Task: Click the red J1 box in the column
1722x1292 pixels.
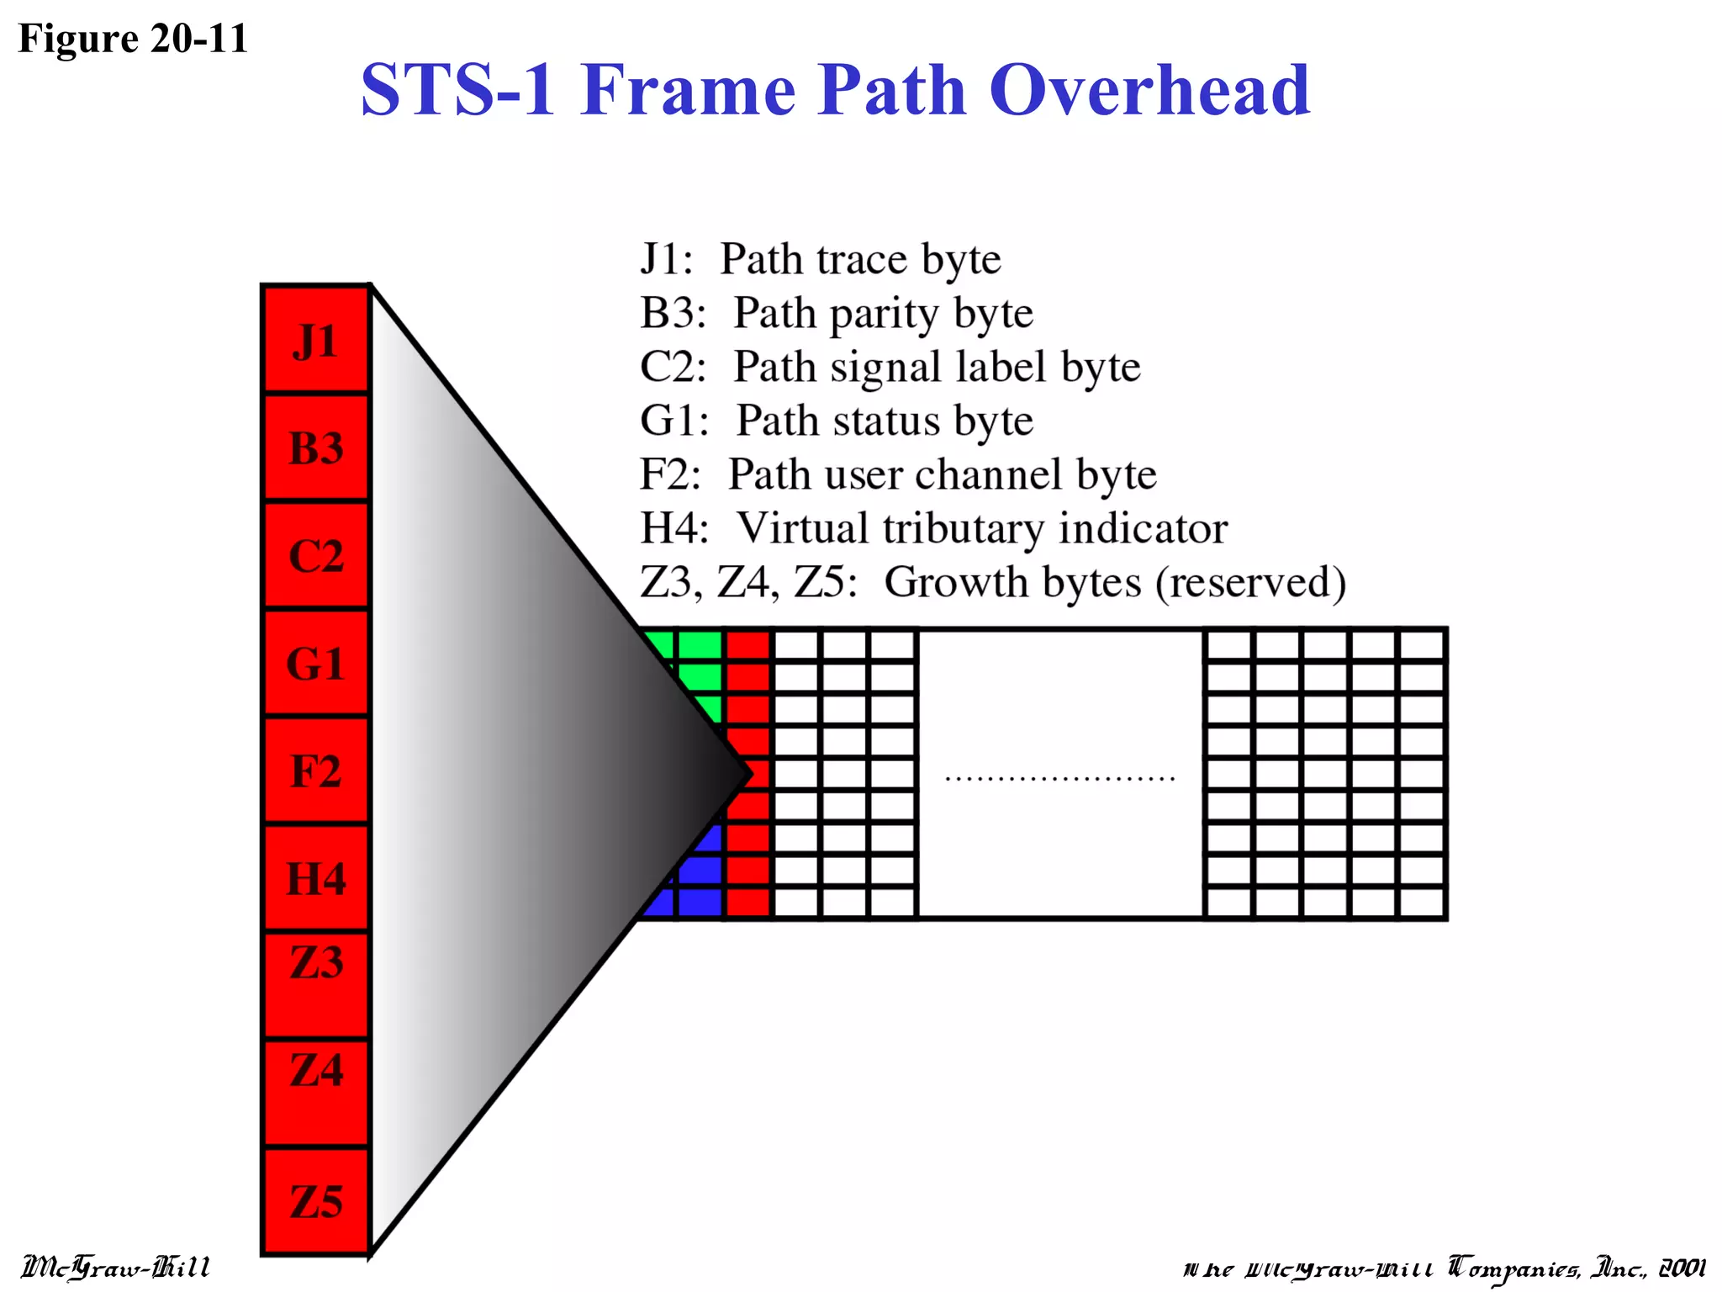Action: (316, 340)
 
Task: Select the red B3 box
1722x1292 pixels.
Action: (316, 447)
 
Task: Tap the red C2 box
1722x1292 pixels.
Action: (316, 555)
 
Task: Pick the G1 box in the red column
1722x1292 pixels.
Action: (316, 663)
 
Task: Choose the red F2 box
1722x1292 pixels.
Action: (316, 770)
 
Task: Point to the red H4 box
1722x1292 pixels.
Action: (316, 878)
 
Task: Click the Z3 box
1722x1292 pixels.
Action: (316, 984)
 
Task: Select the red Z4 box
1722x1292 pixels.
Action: (316, 1092)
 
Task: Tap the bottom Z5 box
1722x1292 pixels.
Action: (316, 1201)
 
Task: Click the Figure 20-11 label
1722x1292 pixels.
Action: (133, 39)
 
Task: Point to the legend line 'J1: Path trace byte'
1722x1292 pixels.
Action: (820, 259)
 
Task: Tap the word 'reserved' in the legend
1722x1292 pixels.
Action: (1251, 582)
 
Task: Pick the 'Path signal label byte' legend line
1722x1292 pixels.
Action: (890, 367)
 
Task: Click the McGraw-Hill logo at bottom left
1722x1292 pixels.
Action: (115, 1267)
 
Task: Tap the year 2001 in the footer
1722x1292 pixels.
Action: (1682, 1268)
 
